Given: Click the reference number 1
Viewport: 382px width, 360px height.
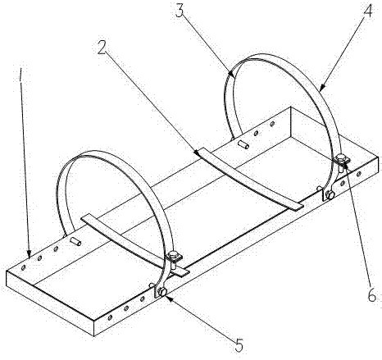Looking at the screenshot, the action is pos(20,75).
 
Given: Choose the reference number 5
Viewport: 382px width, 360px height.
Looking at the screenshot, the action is pos(239,345).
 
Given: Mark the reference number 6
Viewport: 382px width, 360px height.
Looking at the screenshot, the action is pos(372,295).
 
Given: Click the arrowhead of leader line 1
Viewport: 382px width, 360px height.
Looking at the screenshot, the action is pos(30,253).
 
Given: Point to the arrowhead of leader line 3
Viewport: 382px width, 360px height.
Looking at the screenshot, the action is pos(231,73).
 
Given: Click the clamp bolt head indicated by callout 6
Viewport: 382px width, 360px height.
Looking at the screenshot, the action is pos(341,157).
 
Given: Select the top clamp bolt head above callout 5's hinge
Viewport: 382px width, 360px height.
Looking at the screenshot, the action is pos(173,256).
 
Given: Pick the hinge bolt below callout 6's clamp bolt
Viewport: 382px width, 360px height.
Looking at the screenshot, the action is pos(330,195).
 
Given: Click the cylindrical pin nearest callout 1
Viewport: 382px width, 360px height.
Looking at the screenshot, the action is pos(75,241).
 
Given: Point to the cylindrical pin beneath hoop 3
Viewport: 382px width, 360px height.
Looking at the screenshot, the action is pos(243,144).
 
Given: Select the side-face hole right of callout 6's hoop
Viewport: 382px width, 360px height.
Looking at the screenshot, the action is pos(359,173).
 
